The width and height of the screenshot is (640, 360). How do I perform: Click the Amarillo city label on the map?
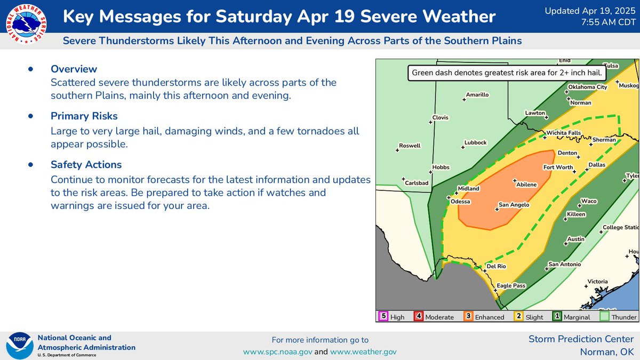pyautogui.click(x=477, y=95)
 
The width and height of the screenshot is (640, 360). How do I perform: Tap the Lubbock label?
pyautogui.click(x=475, y=142)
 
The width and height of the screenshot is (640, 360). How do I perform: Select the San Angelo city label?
pyautogui.click(x=514, y=205)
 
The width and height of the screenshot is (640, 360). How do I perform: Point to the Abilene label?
pyautogui.click(x=526, y=185)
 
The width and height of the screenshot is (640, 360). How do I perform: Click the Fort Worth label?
pyautogui.click(x=558, y=167)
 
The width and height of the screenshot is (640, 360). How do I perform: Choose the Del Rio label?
pyautogui.click(x=496, y=266)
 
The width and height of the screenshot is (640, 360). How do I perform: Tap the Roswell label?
pyautogui.click(x=410, y=146)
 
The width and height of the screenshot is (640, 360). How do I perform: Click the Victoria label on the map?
pyautogui.click(x=597, y=281)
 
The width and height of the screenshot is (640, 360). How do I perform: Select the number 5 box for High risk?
pyautogui.click(x=382, y=316)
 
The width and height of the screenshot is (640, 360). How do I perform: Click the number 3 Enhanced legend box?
pyautogui.click(x=468, y=316)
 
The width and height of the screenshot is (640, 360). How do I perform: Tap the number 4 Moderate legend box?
pyautogui.click(x=419, y=316)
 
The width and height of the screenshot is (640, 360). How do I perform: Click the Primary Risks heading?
pyautogui.click(x=84, y=116)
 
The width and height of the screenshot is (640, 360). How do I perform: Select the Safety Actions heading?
pyautogui.click(x=86, y=164)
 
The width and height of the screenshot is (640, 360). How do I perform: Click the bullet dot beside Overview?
pyautogui.click(x=30, y=69)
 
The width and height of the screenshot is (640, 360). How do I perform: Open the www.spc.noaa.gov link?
pyautogui.click(x=277, y=351)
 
